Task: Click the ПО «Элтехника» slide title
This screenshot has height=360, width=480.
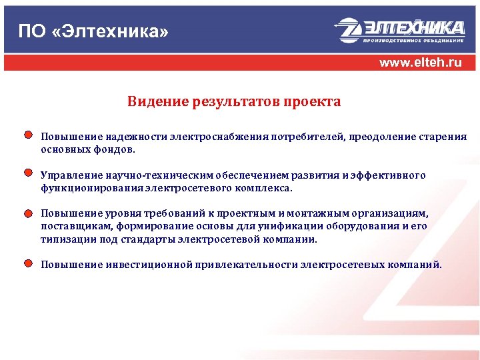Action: (x=93, y=31)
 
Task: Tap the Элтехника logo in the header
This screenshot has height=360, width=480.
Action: (x=399, y=31)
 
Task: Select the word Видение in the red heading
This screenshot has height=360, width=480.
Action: (x=157, y=102)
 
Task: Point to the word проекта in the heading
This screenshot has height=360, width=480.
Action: (x=312, y=102)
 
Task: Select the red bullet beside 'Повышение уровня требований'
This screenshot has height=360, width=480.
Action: (x=28, y=213)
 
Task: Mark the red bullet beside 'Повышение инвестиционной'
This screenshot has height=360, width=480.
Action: (x=28, y=263)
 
